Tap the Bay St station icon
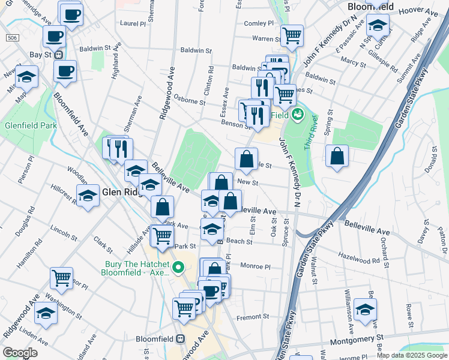click(x=59, y=55)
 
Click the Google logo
click(x=20, y=353)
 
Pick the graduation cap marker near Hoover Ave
click(x=378, y=25)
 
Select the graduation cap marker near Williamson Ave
click(x=364, y=309)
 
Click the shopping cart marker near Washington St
click(x=61, y=278)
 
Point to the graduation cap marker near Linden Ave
click(x=46, y=313)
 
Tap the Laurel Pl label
click(x=133, y=25)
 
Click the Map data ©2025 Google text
click(x=412, y=355)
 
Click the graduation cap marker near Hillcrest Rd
click(x=88, y=196)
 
